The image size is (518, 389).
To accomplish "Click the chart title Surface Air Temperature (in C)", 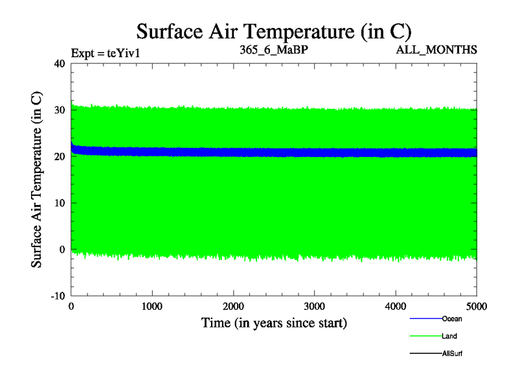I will (273, 31).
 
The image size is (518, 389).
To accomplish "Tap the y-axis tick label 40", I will (59, 64).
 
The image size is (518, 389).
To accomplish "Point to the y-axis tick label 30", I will (59, 110).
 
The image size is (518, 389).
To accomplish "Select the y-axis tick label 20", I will (59, 156).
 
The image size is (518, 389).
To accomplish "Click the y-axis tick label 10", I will (59, 203).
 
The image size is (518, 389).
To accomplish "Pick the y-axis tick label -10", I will (57, 296).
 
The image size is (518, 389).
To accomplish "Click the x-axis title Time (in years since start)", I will (274, 322).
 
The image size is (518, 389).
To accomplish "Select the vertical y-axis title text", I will (38, 180).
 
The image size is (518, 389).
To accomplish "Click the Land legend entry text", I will (449, 336).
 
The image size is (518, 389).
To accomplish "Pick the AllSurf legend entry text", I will (452, 353).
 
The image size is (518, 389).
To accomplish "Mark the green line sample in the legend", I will (425, 336).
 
